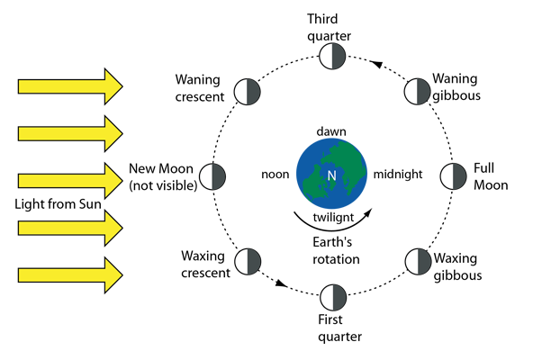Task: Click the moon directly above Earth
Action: point(332,56)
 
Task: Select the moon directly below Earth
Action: point(333,298)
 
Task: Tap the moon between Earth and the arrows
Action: point(212,176)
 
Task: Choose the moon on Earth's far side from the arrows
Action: point(453,176)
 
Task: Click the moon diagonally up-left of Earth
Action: point(248,92)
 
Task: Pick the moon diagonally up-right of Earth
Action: point(417,92)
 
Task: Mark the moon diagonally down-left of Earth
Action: point(248,262)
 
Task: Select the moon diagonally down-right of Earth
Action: point(418,262)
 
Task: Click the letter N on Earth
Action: point(331,175)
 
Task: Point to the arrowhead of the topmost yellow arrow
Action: point(113,86)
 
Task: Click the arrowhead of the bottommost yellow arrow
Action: point(113,275)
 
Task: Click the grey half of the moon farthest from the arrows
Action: point(459,176)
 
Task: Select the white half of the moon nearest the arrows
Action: point(206,176)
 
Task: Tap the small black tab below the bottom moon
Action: point(339,331)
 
